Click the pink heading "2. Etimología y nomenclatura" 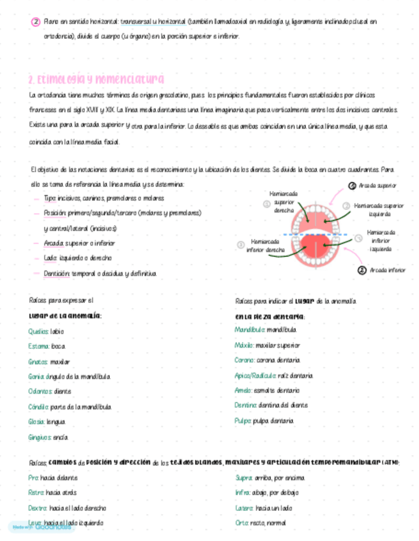(x=96, y=79)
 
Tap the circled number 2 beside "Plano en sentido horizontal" (x=36, y=22)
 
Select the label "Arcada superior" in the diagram (x=377, y=186)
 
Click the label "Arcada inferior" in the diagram (x=388, y=270)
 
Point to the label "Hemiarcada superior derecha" (x=284, y=202)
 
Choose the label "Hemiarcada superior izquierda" (x=379, y=210)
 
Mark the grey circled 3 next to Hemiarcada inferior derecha (x=241, y=245)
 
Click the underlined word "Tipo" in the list (x=49, y=198)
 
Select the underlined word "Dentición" (x=56, y=273)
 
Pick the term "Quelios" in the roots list (x=38, y=332)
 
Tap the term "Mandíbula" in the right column (x=249, y=330)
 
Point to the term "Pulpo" (x=243, y=421)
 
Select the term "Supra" (x=243, y=478)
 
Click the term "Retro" (x=36, y=493)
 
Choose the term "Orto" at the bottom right (x=242, y=522)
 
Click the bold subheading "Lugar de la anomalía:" (x=65, y=315)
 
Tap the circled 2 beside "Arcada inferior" (x=362, y=270)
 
